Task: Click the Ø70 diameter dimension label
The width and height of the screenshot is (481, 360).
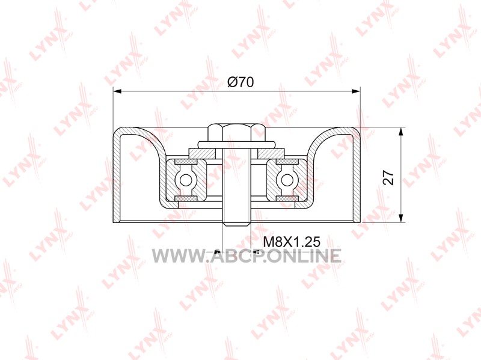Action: pyautogui.click(x=240, y=82)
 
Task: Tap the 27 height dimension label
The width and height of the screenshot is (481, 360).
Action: pyautogui.click(x=389, y=177)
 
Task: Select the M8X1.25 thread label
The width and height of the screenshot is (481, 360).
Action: pyautogui.click(x=292, y=242)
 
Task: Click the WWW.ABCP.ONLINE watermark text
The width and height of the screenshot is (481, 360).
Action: pyautogui.click(x=247, y=256)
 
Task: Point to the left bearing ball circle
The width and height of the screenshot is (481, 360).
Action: pyautogui.click(x=185, y=180)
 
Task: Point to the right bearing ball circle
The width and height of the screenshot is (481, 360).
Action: pyautogui.click(x=287, y=180)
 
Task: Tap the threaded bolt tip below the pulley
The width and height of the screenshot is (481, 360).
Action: pyautogui.click(x=236, y=223)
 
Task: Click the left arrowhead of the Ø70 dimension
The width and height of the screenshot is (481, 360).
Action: pyautogui.click(x=118, y=91)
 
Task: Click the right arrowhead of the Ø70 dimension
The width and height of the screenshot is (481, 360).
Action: pyautogui.click(x=355, y=91)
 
